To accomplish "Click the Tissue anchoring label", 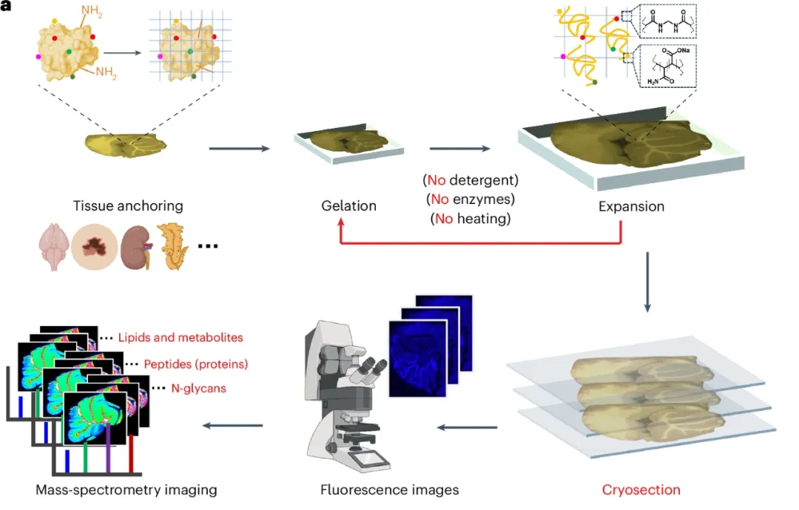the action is pyautogui.click(x=128, y=206).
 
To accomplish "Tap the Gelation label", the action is pyautogui.click(x=348, y=205).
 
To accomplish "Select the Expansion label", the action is pyautogui.click(x=631, y=207).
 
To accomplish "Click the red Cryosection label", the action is pyautogui.click(x=641, y=489).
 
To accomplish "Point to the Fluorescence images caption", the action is pyautogui.click(x=389, y=489).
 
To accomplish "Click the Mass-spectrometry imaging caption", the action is pyautogui.click(x=127, y=489).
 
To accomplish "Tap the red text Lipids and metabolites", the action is pyautogui.click(x=181, y=338).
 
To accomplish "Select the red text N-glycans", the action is pyautogui.click(x=198, y=388).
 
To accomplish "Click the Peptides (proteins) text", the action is pyautogui.click(x=195, y=364).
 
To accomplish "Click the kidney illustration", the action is pyautogui.click(x=136, y=247).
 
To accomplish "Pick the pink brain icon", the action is pyautogui.click(x=53, y=247).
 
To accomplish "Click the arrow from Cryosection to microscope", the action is pyautogui.click(x=468, y=427).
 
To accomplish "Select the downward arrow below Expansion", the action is pyautogui.click(x=647, y=282).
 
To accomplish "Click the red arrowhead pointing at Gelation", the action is pyautogui.click(x=341, y=222).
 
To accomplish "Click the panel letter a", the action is pyautogui.click(x=6, y=6).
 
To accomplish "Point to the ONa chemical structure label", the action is pyautogui.click(x=683, y=50).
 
